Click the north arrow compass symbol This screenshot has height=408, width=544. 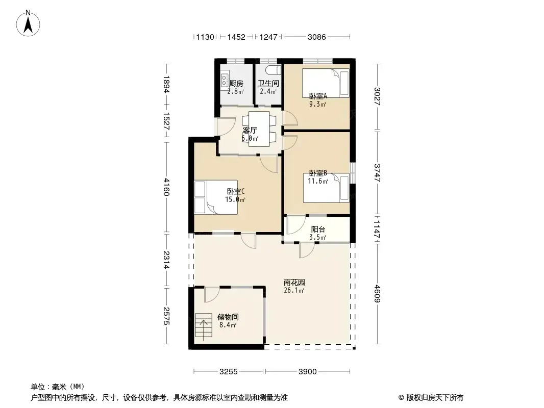pos(28,23)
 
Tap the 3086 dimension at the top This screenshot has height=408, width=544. pos(317,37)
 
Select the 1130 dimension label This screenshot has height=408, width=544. pos(205,37)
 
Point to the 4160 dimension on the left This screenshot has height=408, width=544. pos(166,187)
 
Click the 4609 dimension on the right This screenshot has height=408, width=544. pos(378,293)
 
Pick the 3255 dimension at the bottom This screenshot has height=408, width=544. pos(229,372)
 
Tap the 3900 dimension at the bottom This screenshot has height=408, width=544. pos(307,372)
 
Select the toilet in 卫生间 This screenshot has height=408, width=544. pos(273,70)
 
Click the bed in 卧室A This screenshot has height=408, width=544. pos(326,83)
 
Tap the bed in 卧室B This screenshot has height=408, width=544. pos(326,188)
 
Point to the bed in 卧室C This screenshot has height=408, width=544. pos(216,197)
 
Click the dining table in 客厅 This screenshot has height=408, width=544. pos(259,129)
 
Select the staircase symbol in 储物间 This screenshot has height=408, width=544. pos(203,325)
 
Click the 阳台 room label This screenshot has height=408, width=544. pos(318,229)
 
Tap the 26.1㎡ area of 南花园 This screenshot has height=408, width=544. pos(294,291)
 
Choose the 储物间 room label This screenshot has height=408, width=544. pos(228,317)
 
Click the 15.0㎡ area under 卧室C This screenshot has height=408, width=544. pos(235,199)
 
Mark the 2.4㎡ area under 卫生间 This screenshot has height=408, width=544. pos(268,91)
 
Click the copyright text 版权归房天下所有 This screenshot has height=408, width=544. pos(435,398)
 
